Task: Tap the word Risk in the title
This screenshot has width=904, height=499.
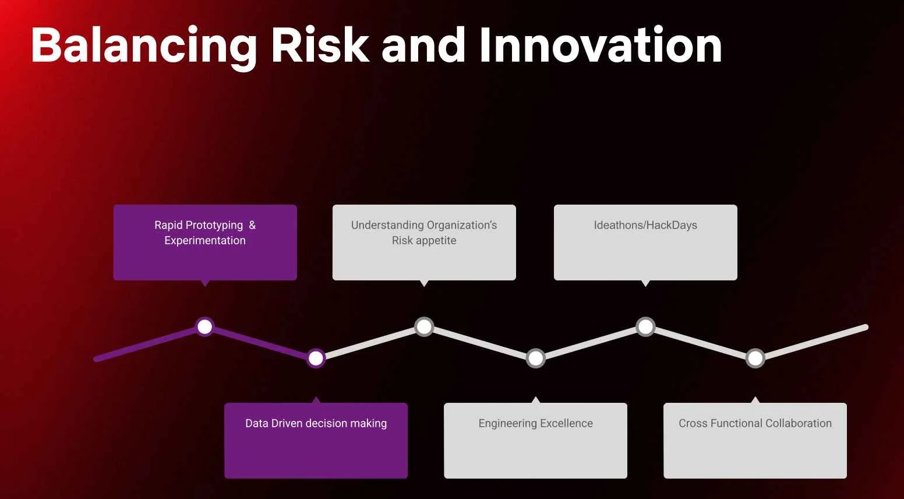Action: (x=320, y=44)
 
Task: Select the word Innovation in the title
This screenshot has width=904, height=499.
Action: (x=601, y=44)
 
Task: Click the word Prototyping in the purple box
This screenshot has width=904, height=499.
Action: (x=216, y=226)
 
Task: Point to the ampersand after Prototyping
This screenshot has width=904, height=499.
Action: (x=252, y=224)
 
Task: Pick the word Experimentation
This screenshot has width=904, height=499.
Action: (x=205, y=240)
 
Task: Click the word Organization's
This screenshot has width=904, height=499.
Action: (x=462, y=226)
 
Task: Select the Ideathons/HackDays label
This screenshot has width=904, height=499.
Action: (x=645, y=225)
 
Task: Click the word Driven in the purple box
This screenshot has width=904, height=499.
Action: (x=287, y=423)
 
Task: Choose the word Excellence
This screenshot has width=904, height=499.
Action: (x=567, y=423)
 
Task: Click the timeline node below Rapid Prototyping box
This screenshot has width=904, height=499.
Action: (x=204, y=326)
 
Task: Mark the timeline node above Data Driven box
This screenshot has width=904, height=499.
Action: (x=316, y=358)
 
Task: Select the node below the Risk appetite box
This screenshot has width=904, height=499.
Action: (x=424, y=326)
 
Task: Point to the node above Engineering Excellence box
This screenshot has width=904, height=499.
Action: (x=535, y=358)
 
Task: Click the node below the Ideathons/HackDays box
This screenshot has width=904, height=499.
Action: (x=645, y=326)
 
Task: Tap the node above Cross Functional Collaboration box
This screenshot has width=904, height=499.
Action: (x=755, y=358)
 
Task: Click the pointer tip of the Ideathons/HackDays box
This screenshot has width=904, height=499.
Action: (x=645, y=286)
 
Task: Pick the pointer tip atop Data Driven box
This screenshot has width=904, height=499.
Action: (x=316, y=397)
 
